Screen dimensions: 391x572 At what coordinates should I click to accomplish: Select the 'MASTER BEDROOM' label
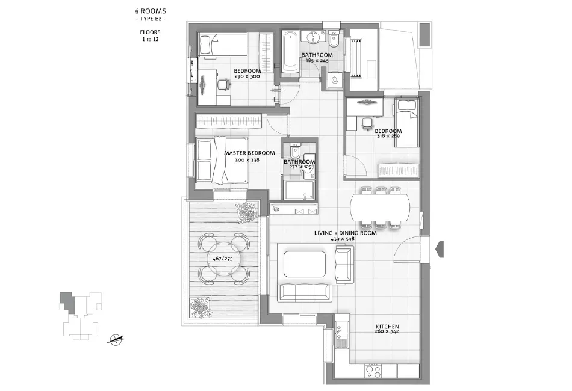[x=249, y=153]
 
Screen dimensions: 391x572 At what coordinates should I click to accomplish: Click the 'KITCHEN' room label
[x=386, y=327]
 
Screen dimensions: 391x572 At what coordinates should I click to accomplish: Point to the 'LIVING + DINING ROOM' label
[x=345, y=232]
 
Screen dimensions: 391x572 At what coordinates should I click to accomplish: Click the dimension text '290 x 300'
[x=247, y=77]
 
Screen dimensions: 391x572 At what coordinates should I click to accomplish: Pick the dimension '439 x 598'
[x=343, y=239]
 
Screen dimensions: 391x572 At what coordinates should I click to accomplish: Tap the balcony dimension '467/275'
[x=223, y=259]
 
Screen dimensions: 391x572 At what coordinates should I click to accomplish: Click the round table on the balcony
[x=223, y=259]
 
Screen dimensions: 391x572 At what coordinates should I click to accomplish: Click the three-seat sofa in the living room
[x=305, y=292]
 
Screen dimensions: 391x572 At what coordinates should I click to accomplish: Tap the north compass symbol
[x=116, y=340]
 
